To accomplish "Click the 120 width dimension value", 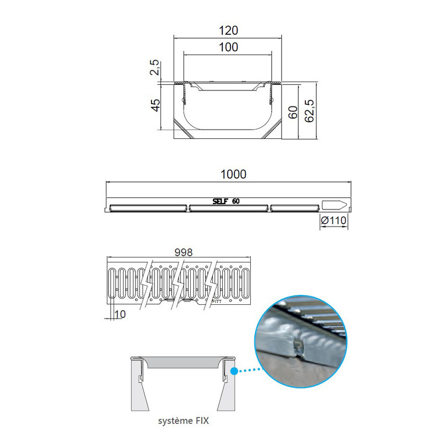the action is pos(228,30).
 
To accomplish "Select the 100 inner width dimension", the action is pos(228,47).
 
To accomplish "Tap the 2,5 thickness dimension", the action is pos(155,67).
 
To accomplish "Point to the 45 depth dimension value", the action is pos(155,105).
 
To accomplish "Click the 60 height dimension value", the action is pos(293,112).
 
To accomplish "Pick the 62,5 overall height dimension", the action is pos(309,111).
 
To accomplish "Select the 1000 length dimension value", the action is pos(233,174).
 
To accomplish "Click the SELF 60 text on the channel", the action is pos(226,201).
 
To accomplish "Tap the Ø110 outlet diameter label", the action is pos(334,220).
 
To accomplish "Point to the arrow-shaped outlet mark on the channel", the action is pos(334,205).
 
